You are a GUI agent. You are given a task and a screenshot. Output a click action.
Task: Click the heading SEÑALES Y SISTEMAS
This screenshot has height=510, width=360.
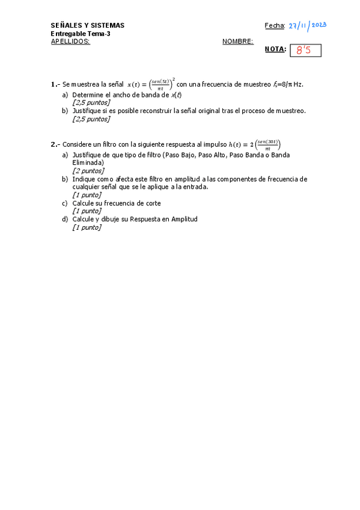click(88, 25)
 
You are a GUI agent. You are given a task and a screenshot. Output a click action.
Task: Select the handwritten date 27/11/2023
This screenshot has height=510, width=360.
click(307, 25)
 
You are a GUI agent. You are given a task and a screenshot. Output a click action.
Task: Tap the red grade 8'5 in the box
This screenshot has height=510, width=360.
click(305, 51)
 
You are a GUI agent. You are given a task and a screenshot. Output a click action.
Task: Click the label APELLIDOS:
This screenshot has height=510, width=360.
click(70, 41)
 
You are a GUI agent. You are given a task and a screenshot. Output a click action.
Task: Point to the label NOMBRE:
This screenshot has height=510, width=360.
click(237, 41)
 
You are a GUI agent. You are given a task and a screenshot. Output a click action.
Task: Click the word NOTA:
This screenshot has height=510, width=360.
click(275, 49)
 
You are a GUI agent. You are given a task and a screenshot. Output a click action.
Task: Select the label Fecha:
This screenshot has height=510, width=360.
click(275, 25)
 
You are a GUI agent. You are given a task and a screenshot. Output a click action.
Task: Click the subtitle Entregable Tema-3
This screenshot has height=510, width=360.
click(81, 34)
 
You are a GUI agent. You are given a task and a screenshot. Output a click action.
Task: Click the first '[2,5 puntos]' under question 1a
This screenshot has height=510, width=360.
click(91, 103)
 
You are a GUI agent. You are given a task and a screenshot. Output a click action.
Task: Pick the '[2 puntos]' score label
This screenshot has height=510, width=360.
click(88, 171)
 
